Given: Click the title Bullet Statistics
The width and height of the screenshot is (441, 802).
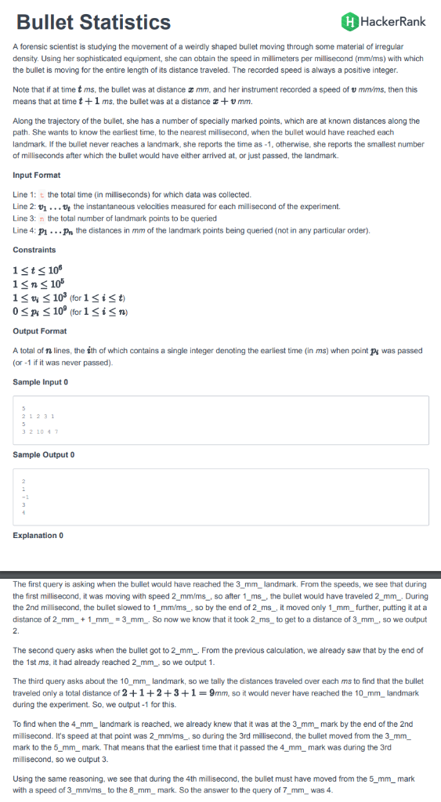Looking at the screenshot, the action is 93,22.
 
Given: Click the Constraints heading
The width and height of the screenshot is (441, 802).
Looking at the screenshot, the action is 34,249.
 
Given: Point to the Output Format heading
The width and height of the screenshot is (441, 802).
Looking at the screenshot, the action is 40,331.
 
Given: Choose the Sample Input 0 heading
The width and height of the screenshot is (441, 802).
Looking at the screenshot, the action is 41,381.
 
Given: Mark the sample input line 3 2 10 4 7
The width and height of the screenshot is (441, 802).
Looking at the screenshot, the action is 38,432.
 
